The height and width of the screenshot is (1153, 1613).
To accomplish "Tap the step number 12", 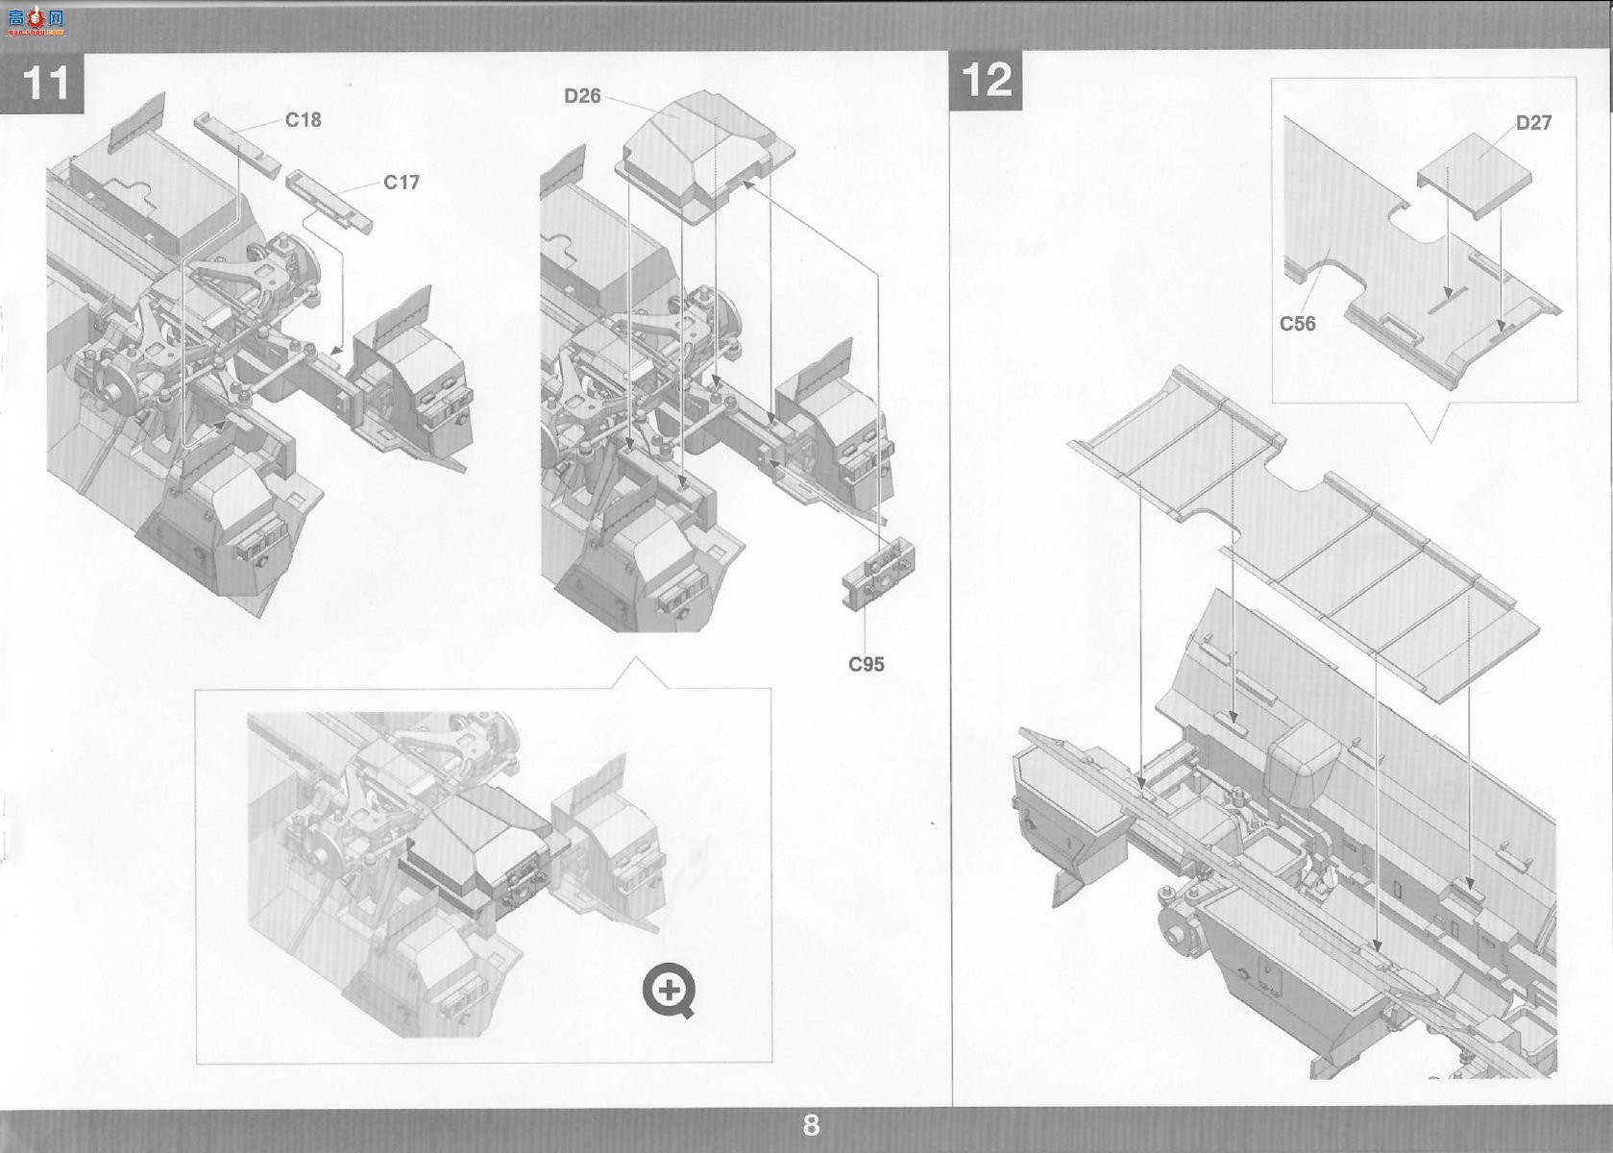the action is point(987,79).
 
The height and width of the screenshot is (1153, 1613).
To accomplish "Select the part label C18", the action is point(304,119).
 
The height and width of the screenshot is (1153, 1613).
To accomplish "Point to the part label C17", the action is point(402,183).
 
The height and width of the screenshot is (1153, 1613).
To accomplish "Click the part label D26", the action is point(582,96).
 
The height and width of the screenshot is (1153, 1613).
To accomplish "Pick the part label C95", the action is point(867,664).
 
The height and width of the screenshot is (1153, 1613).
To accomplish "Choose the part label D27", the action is point(1534,122).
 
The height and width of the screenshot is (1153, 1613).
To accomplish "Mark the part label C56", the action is point(1298,324).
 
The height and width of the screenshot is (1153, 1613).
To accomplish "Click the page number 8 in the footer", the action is point(811,1125).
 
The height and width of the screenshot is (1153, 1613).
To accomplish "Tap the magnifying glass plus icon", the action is point(669,991).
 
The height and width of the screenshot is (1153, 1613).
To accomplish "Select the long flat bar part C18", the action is point(237,145).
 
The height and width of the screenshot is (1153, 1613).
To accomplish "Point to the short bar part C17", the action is point(330,201).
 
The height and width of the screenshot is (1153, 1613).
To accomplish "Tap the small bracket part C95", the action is point(878,574).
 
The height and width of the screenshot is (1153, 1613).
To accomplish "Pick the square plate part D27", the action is point(1474,177).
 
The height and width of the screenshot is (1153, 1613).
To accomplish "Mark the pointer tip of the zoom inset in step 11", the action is point(636,657).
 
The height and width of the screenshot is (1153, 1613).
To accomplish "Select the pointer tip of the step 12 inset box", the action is point(1430,442).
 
